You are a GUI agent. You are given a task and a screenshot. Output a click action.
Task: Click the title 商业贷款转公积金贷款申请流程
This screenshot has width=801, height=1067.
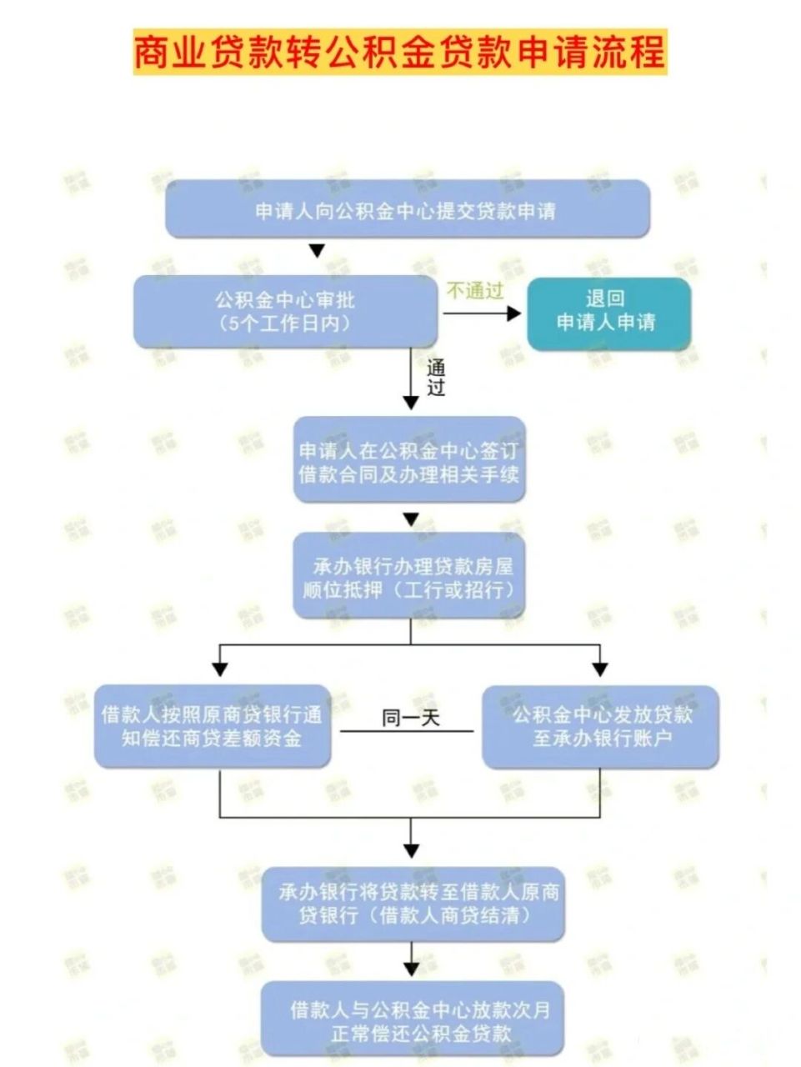pyautogui.click(x=400, y=52)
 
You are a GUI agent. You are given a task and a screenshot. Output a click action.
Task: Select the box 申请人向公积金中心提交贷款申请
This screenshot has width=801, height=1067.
pyautogui.click(x=407, y=209)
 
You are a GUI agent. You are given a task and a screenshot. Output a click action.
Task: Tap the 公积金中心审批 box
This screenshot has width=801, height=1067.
pyautogui.click(x=285, y=311)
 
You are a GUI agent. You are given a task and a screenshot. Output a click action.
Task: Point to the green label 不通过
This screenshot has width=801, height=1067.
pyautogui.click(x=475, y=290)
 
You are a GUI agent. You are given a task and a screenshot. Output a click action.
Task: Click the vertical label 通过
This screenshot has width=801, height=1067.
pyautogui.click(x=436, y=378)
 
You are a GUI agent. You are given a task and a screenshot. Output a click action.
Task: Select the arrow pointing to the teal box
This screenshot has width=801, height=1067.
pyautogui.click(x=482, y=313)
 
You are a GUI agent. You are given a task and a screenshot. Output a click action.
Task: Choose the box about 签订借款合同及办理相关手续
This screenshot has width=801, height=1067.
pyautogui.click(x=409, y=461)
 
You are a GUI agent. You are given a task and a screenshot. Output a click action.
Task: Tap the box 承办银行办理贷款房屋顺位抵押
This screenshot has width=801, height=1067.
pyautogui.click(x=409, y=577)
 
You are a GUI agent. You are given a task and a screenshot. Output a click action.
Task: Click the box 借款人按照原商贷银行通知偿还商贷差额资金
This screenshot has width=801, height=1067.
pyautogui.click(x=212, y=726)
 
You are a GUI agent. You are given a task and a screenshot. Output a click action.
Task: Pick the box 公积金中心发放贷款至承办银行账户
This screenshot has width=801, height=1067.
pyautogui.click(x=600, y=726)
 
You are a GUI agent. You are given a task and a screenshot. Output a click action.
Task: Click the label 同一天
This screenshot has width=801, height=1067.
pyautogui.click(x=410, y=718)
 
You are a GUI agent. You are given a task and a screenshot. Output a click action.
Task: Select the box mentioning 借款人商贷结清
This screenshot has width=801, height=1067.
pyautogui.click(x=413, y=904)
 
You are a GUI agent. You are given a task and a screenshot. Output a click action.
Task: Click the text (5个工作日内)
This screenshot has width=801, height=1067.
pyautogui.click(x=285, y=324)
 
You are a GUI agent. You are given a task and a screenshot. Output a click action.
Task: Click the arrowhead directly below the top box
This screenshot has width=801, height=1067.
pyautogui.click(x=316, y=251)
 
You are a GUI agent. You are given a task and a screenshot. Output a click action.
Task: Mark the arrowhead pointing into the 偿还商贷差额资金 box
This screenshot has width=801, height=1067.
pyautogui.click(x=220, y=669)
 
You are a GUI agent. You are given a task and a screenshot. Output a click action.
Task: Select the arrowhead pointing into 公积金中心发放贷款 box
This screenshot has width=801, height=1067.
pyautogui.click(x=600, y=669)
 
